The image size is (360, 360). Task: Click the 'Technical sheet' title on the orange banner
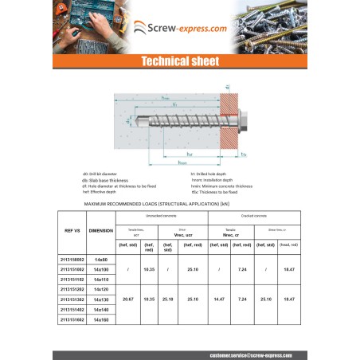point(179,61)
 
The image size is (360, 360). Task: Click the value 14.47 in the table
point(219,299)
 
